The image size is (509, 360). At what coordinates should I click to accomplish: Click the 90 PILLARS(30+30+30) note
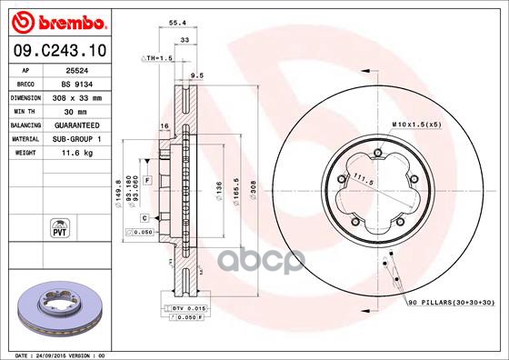point(451,301)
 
